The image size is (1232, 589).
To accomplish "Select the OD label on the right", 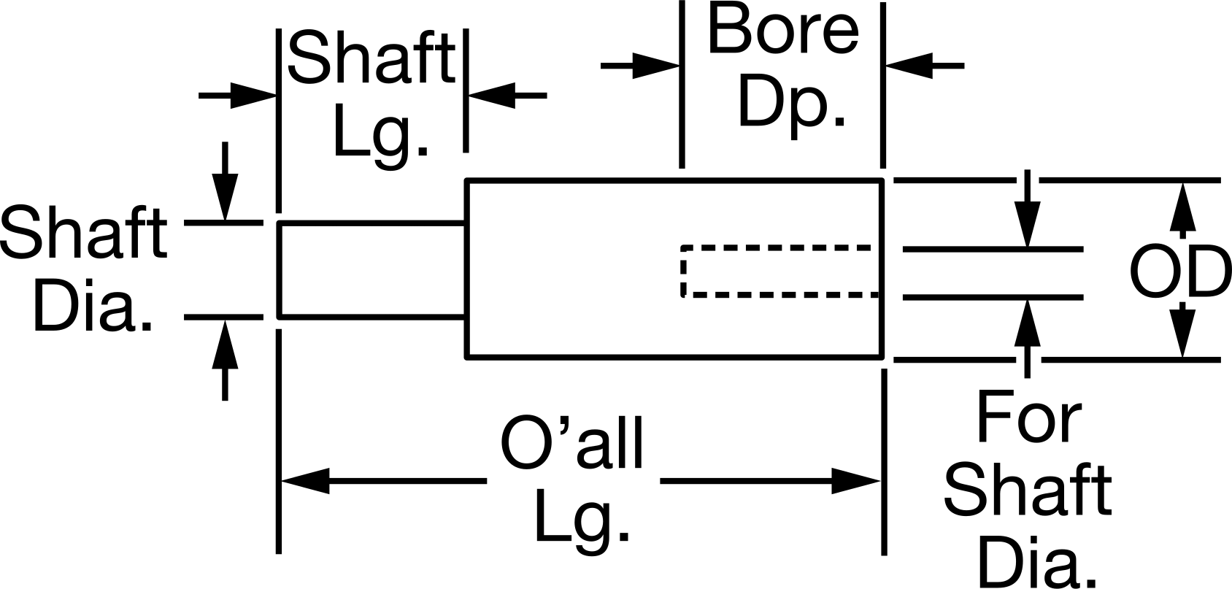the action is [x=1180, y=272].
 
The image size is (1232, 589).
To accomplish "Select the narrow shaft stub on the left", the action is [x=372, y=271].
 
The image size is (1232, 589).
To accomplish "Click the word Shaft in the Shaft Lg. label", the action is [x=371, y=58].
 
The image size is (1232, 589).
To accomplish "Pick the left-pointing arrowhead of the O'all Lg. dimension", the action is [x=306, y=481].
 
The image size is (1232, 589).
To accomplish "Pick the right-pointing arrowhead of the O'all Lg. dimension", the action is [x=856, y=481].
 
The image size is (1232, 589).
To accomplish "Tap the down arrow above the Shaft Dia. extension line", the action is [x=224, y=182].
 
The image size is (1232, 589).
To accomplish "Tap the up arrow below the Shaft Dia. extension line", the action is [x=224, y=361].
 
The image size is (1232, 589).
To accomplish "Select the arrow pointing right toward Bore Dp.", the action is [x=641, y=66].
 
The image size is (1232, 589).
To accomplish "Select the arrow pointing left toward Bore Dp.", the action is [x=925, y=66].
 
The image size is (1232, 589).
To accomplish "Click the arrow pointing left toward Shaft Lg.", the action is [x=508, y=96].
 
